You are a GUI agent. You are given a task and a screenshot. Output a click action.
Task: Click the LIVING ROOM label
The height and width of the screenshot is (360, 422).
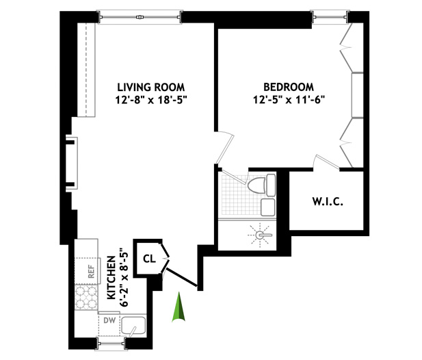click(151, 88)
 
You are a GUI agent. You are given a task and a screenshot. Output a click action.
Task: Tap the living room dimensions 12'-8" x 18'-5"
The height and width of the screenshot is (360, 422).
click(151, 100)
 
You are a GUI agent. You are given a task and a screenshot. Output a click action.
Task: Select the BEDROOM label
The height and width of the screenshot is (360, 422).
click(289, 87)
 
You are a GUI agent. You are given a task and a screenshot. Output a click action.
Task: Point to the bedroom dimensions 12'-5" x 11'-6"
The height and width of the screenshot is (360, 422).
click(289, 100)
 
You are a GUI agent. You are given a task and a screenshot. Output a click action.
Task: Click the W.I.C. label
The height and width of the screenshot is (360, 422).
click(328, 202)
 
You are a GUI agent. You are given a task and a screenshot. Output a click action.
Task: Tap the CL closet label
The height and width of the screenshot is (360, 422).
click(149, 259)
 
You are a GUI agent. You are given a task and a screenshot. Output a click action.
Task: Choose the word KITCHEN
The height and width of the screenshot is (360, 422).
click(111, 278)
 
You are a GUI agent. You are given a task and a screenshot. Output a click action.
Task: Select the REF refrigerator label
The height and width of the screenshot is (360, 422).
click(91, 272)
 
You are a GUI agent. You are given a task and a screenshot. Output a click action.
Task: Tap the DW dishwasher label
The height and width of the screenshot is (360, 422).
click(109, 320)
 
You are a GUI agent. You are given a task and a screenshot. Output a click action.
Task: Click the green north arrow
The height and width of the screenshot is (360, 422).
click(179, 307)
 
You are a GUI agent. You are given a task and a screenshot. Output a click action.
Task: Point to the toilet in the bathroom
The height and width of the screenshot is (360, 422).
click(261, 185)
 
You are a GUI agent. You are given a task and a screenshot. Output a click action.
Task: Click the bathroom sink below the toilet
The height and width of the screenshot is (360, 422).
click(268, 207)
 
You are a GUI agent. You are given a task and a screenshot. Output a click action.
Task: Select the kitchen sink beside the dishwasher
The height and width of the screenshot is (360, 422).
click(133, 326)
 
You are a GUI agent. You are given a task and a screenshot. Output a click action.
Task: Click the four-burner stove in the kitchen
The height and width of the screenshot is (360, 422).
click(86, 298)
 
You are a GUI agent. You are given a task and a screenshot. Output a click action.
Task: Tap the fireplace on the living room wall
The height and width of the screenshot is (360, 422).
click(72, 164)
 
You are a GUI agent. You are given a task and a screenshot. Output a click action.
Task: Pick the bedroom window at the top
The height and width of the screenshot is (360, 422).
click(330, 17)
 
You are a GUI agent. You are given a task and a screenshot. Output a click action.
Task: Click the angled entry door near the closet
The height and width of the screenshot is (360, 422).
click(182, 277)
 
